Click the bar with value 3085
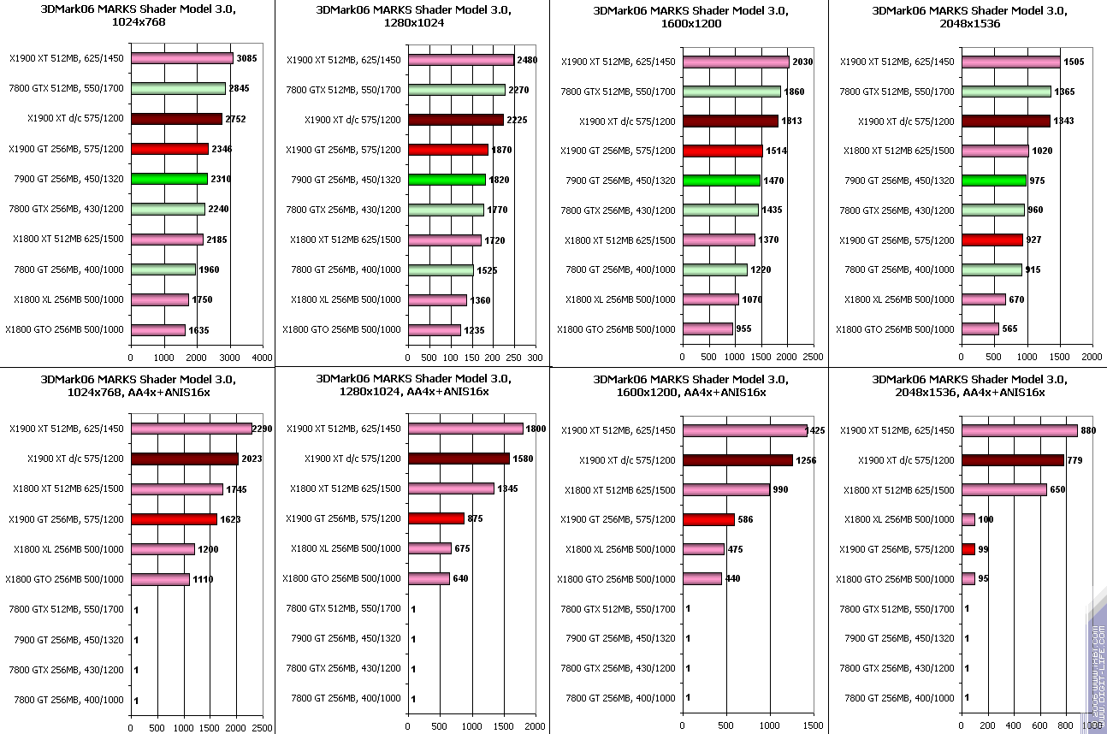tap(181, 58)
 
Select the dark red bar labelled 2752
tap(176, 119)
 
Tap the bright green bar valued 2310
tap(169, 179)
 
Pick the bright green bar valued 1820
tap(447, 180)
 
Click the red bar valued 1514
tap(722, 151)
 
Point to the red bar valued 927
tap(992, 240)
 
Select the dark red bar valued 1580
tap(459, 459)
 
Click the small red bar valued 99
tap(968, 548)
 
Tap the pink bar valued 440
tap(702, 578)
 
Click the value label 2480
tap(527, 60)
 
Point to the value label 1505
tap(1075, 62)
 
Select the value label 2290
tap(262, 429)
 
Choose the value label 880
tap(1088, 430)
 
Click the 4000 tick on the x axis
tap(262, 357)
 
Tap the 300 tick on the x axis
tap(535, 357)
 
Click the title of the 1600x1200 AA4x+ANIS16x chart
tap(691, 385)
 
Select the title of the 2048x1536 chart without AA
tap(968, 17)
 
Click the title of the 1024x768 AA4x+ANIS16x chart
tap(137, 385)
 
